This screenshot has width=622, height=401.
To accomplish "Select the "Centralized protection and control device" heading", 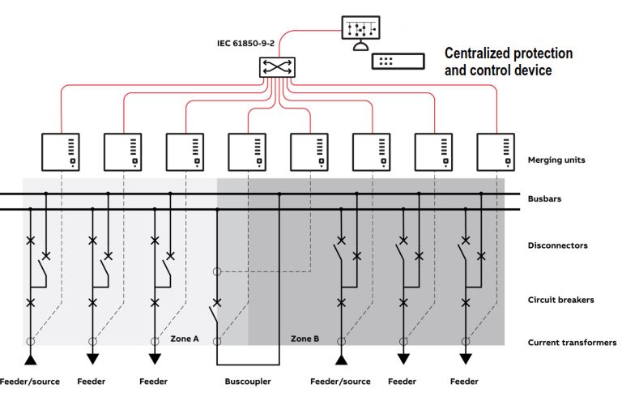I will [509, 62].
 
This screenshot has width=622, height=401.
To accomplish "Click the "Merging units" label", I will [556, 160].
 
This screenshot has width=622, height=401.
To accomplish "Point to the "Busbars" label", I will [544, 198].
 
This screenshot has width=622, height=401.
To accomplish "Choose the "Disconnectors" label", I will [557, 245].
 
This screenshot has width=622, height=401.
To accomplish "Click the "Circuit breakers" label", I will [560, 300].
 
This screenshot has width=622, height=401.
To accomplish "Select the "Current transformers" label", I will [572, 343].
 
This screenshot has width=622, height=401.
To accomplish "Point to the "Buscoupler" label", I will [247, 382].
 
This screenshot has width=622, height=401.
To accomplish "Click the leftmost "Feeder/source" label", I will [30, 382].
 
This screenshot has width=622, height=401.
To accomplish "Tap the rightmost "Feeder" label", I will [464, 382].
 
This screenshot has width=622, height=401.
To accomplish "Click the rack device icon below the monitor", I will [398, 61].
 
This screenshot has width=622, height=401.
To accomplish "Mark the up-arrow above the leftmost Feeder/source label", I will [31, 359].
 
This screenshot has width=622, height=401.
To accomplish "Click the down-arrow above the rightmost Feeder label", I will [465, 359].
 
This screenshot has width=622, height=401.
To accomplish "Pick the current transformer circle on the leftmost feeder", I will [31, 342].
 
